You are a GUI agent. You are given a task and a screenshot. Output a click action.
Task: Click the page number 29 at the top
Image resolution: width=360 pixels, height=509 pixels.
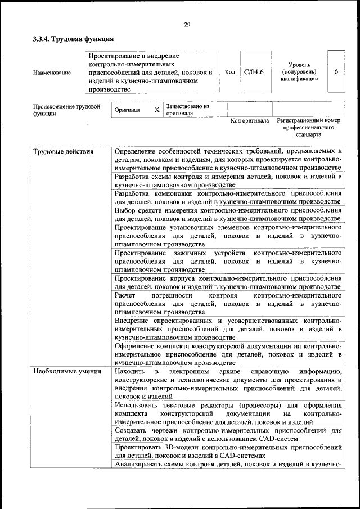[186, 24]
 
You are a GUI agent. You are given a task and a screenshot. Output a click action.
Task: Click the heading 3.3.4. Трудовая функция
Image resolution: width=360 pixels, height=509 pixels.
[74, 39]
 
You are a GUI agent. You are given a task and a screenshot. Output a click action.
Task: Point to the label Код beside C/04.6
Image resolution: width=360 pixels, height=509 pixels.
[229, 72]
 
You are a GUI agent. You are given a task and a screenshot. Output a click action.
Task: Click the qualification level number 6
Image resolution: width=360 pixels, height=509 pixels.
[336, 72]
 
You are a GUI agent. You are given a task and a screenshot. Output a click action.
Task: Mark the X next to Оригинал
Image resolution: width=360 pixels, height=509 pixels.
[157, 110]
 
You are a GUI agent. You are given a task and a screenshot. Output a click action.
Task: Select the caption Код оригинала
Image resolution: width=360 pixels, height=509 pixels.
[250, 121]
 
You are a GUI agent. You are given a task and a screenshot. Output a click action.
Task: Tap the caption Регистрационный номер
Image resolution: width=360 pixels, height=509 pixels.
[309, 121]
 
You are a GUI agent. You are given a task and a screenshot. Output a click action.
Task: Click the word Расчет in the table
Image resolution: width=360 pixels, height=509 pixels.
[125, 295]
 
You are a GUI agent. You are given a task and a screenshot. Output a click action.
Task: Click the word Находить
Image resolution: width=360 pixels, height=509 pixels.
[130, 372]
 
